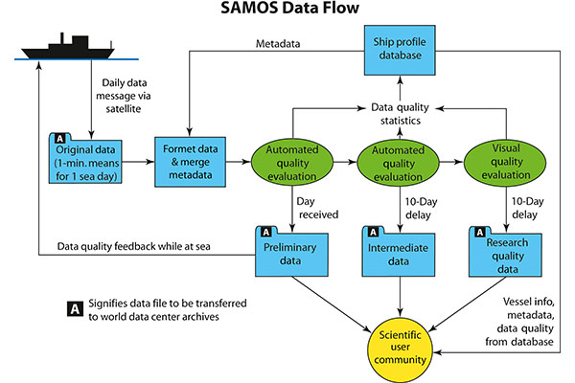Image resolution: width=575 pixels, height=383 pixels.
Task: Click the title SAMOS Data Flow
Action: pyautogui.click(x=287, y=11)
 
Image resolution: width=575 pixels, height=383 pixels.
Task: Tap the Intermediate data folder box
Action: pyautogui.click(x=399, y=251)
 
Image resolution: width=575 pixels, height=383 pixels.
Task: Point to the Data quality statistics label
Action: pyautogui.click(x=399, y=115)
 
